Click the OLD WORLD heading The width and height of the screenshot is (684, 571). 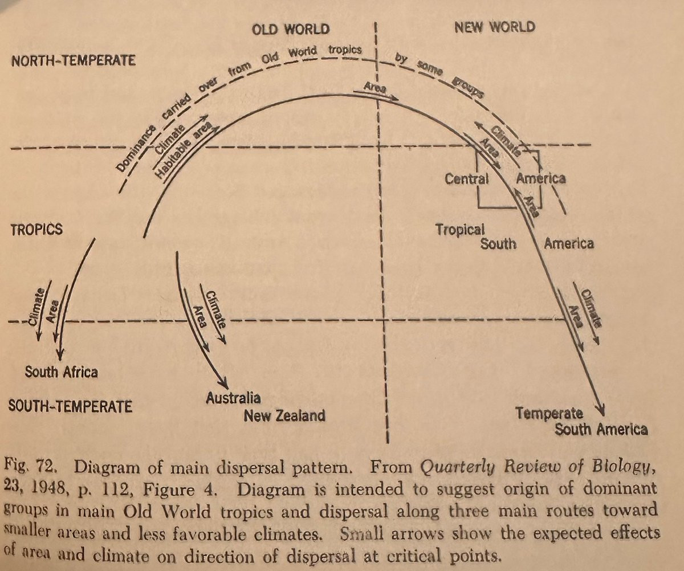tap(290, 28)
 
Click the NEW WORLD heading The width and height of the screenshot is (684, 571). tap(495, 27)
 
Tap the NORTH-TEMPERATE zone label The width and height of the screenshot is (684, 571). tap(73, 60)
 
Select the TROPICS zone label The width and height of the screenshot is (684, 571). tap(36, 230)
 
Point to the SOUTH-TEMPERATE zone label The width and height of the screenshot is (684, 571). tap(71, 407)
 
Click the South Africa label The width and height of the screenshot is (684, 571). tap(61, 373)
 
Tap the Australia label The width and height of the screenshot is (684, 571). tap(233, 398)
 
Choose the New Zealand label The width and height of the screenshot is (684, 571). tap(284, 415)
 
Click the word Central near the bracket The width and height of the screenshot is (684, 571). tap(467, 178)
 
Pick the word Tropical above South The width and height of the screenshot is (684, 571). tap(460, 229)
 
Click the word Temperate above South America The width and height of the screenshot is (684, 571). tap(549, 413)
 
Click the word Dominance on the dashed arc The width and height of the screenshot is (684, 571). tap(129, 152)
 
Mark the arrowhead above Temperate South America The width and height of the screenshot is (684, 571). tap(600, 411)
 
